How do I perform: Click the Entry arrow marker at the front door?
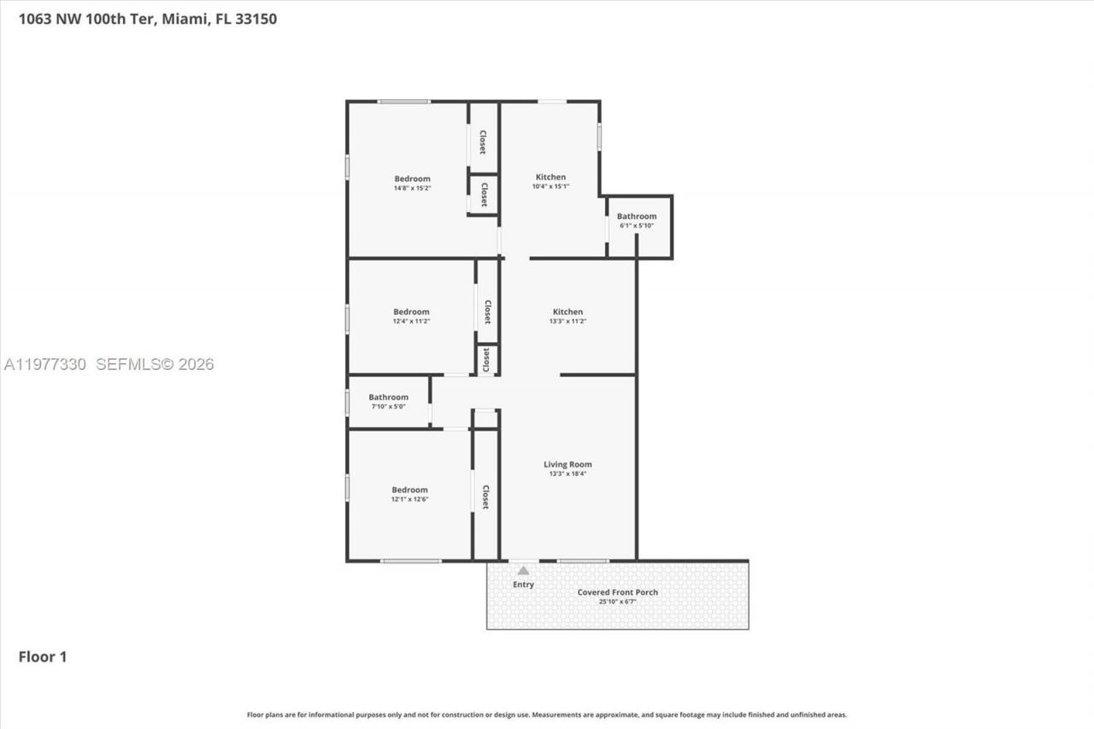pyautogui.click(x=523, y=570)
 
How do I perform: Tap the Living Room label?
pyautogui.click(x=568, y=465)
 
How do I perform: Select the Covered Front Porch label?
pyautogui.click(x=617, y=592)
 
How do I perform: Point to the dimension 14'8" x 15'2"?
pyautogui.click(x=412, y=187)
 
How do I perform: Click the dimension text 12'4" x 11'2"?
pyautogui.click(x=411, y=321)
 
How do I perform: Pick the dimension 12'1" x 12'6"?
pyautogui.click(x=409, y=499)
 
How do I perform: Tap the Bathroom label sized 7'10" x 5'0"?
pyautogui.click(x=388, y=397)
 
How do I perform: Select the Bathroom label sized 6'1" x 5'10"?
pyautogui.click(x=637, y=216)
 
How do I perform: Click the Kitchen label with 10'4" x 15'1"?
pyautogui.click(x=550, y=177)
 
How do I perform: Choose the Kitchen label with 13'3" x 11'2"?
pyautogui.click(x=568, y=312)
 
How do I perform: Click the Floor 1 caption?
pyautogui.click(x=43, y=657)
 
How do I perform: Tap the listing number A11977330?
pyautogui.click(x=44, y=365)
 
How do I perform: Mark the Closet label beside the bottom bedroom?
pyautogui.click(x=485, y=497)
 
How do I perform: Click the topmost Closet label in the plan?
pyautogui.click(x=483, y=142)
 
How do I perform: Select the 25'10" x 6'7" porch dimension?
pyautogui.click(x=617, y=602)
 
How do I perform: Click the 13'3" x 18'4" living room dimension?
pyautogui.click(x=568, y=473)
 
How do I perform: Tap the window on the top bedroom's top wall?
pyautogui.click(x=404, y=102)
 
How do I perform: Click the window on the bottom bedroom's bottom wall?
pyautogui.click(x=411, y=561)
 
